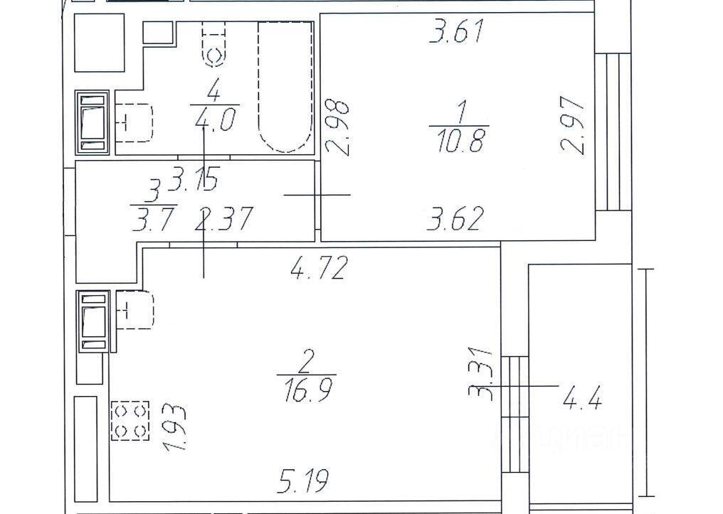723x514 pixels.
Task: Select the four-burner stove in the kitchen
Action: [x=130, y=420]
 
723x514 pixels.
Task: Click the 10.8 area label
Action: [x=459, y=141]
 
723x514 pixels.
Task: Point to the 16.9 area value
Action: [x=307, y=390]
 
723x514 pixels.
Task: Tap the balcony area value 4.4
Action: [x=582, y=399]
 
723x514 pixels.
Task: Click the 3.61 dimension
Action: [x=456, y=32]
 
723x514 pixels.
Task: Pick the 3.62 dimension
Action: [x=455, y=219]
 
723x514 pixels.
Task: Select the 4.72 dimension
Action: [x=318, y=268]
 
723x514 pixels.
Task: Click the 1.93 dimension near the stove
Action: [x=174, y=427]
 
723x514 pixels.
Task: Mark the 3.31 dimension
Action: [x=480, y=373]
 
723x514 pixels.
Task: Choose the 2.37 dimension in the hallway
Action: [x=223, y=219]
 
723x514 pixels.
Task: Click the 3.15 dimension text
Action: [x=193, y=178]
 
